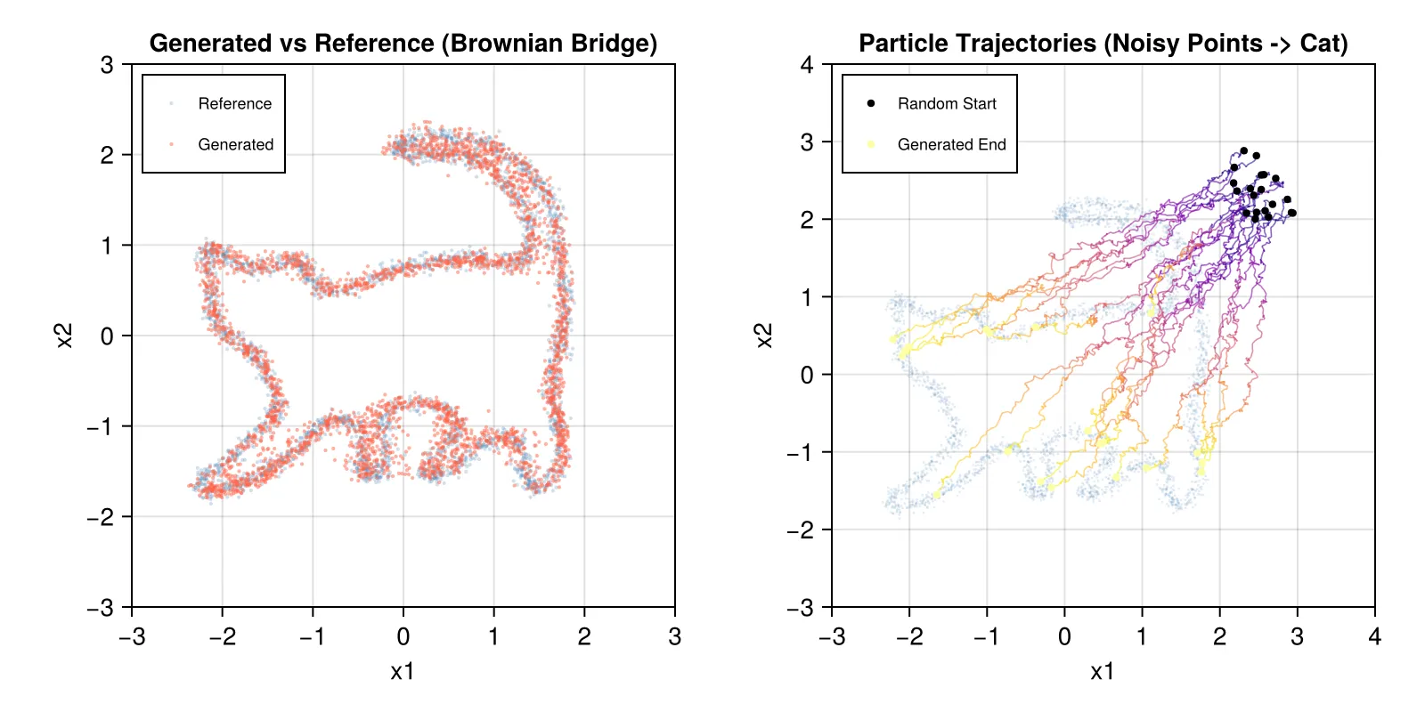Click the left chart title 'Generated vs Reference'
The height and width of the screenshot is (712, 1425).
(403, 44)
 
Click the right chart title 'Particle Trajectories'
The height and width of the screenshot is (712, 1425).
(1103, 44)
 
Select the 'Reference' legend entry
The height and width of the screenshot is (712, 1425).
(234, 104)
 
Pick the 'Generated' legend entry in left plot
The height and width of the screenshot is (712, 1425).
(235, 144)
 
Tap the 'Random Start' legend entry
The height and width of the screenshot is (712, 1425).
(947, 104)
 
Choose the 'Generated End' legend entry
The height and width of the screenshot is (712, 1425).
(951, 144)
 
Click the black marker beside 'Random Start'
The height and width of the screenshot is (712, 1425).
(871, 103)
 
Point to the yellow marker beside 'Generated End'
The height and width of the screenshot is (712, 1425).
(871, 144)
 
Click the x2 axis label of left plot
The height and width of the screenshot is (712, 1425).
(64, 336)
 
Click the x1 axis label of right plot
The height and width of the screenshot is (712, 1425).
(1103, 672)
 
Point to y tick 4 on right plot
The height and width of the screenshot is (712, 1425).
(807, 65)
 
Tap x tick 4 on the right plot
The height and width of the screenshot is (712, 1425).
(1374, 637)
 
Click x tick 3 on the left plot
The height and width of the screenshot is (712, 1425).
(674, 637)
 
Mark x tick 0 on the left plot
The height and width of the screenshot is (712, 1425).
(403, 637)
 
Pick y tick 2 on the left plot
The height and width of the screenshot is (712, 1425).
(107, 155)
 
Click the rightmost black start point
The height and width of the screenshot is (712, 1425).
(1292, 213)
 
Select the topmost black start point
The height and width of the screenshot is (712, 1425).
(1244, 151)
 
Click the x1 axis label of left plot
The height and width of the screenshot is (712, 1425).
(403, 672)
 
